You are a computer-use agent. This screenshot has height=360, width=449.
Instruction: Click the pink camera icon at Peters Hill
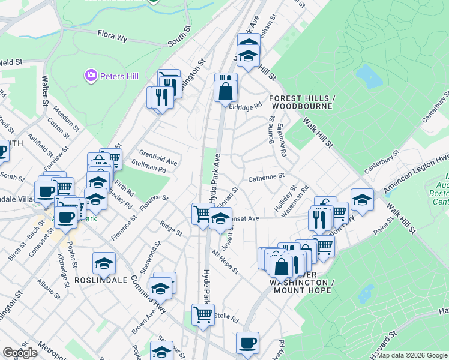coord(91,76)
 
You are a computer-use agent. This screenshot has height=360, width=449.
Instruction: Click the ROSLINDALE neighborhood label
coord(101,280)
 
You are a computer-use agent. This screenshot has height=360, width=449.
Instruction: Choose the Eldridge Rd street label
coord(246,106)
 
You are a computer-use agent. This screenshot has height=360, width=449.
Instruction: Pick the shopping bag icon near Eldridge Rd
coord(225,91)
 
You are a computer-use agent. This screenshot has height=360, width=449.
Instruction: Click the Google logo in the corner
coord(20,353)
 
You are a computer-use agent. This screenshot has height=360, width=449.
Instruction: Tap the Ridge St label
coord(170,228)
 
